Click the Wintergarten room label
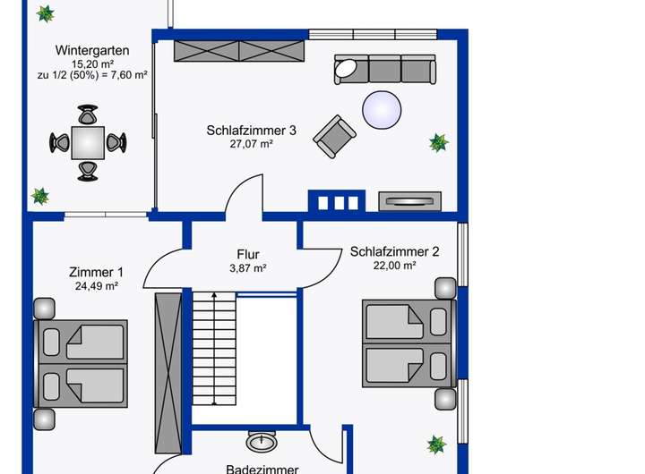point(92,50)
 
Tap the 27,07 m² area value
point(251,144)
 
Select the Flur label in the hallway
point(248,254)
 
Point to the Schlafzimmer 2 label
point(394,251)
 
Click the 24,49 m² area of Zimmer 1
point(97,287)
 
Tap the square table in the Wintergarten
point(88,141)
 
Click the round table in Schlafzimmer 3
point(384,111)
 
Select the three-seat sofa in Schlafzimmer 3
point(384,69)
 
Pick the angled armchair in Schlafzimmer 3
point(334,136)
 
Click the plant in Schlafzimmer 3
point(438,142)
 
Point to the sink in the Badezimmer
point(262,442)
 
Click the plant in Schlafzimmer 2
point(436,444)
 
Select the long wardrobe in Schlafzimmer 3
point(240,51)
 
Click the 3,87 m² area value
point(248,268)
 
